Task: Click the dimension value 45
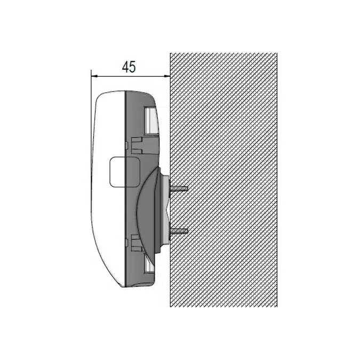(x=129, y=67)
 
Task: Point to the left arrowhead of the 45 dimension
(x=94, y=76)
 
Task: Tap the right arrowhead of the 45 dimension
(x=167, y=76)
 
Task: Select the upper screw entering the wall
(x=179, y=189)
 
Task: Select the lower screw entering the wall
(x=179, y=231)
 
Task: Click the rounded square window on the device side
(x=125, y=172)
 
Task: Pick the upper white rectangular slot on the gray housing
(x=151, y=121)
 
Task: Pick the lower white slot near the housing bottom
(x=149, y=264)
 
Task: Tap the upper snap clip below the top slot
(x=137, y=145)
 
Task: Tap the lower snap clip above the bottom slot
(x=137, y=243)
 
